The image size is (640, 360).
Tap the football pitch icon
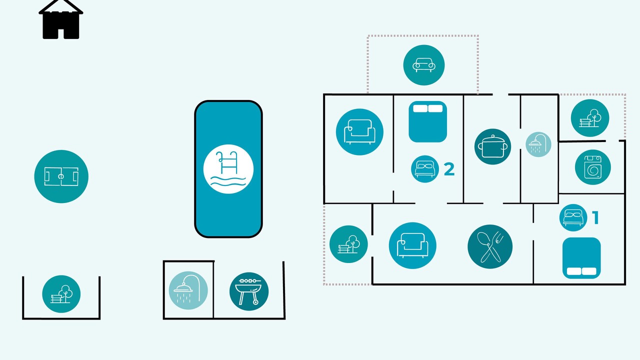61,176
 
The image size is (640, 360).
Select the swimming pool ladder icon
228,169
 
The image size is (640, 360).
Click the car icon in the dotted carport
423,65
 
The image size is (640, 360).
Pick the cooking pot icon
492,146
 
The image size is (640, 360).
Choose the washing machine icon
593,167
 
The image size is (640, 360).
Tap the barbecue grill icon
249,291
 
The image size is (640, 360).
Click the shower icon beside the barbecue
188,290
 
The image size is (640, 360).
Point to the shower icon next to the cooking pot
538,144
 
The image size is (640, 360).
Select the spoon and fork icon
490,246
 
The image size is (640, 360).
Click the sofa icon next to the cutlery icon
412,245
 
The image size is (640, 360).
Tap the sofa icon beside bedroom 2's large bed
359,131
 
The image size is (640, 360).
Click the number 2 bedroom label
449,169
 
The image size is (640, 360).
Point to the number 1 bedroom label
595,217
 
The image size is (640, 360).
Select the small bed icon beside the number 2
425,169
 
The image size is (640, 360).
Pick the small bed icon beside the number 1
573,217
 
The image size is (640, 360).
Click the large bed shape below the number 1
581,257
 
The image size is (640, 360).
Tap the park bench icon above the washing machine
590,118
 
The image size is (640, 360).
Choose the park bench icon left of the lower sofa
348,244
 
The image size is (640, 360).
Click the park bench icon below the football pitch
61,294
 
